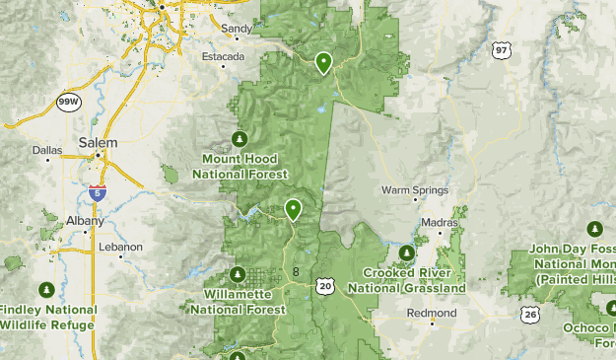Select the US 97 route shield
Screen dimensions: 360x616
(x=502, y=49)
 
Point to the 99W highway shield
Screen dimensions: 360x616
(x=68, y=102)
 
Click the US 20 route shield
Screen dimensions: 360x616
(x=325, y=285)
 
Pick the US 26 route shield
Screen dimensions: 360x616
(x=530, y=313)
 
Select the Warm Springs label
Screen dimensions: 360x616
(x=415, y=189)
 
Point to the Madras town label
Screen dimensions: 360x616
(x=435, y=224)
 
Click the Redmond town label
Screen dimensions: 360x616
(x=433, y=313)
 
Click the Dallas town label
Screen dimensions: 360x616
(x=46, y=151)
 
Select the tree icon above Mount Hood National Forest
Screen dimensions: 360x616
(x=238, y=137)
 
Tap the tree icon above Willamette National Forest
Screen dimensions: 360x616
(x=237, y=273)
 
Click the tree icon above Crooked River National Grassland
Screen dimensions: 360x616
(x=408, y=251)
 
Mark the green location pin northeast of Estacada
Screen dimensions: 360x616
(x=323, y=63)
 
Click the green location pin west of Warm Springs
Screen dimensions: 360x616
(x=293, y=209)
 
